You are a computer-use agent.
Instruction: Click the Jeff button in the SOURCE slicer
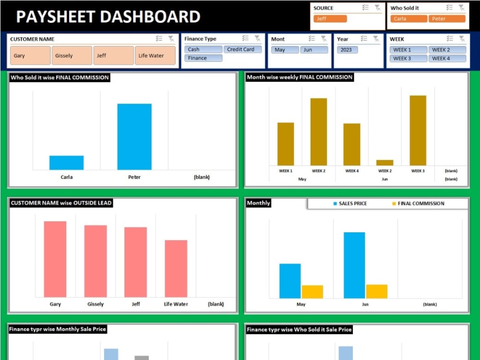(x=330, y=19)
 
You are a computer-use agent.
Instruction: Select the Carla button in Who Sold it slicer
(x=408, y=19)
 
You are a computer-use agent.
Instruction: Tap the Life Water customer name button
(x=155, y=56)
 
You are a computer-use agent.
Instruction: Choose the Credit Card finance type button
(x=242, y=49)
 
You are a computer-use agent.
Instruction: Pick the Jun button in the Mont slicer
(x=313, y=50)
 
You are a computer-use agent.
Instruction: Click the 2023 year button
(x=347, y=50)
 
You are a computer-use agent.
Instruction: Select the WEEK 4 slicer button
(x=447, y=59)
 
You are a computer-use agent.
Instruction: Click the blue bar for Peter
(x=134, y=137)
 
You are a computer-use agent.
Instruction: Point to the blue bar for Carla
(x=66, y=163)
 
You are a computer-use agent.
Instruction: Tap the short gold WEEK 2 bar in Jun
(x=384, y=163)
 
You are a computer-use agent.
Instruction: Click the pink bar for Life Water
(x=176, y=269)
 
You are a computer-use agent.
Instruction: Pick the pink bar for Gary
(x=55, y=259)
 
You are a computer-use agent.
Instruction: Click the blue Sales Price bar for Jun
(x=354, y=265)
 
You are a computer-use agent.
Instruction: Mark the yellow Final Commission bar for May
(x=312, y=292)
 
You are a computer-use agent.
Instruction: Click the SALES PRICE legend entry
(x=350, y=204)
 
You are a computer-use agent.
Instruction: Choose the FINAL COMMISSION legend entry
(x=418, y=204)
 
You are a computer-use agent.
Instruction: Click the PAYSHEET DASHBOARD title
(x=108, y=17)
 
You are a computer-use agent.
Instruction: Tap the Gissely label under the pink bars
(x=96, y=304)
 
